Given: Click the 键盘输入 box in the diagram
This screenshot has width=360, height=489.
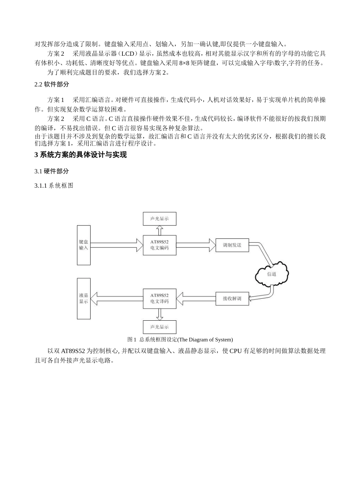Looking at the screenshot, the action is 83,245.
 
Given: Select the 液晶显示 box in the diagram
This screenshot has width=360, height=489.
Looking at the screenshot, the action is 83,298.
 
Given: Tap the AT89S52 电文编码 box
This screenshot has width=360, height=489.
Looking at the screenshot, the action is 159,245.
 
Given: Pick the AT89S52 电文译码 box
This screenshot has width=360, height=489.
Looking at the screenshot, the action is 159,298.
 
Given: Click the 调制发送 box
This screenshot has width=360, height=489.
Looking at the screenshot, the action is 232,245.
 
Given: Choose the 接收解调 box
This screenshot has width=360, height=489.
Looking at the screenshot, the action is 232,298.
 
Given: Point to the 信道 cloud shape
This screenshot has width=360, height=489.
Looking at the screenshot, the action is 271,274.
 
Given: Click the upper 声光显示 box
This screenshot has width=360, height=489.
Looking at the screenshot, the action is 159,219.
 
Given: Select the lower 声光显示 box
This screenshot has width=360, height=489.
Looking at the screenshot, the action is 159,327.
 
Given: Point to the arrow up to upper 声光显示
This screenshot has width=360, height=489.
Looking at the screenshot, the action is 160,230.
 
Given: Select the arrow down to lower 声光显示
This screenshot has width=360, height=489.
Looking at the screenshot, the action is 160,314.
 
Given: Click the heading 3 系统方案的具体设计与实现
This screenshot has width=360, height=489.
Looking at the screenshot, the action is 80,155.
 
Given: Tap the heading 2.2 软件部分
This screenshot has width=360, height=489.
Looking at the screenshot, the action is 52,85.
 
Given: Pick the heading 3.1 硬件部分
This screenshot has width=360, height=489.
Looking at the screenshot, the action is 52,171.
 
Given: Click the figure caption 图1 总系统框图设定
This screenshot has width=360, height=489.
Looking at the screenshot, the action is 180,339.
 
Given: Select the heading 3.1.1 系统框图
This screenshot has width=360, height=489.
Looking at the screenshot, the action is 53,186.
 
